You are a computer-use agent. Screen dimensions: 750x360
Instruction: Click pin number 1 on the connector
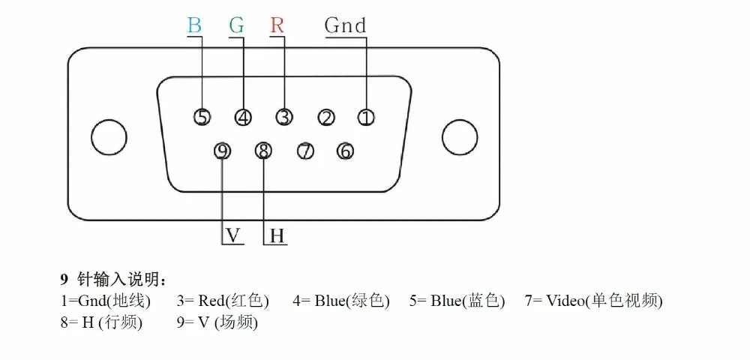(366, 117)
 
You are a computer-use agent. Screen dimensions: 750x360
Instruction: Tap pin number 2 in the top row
(326, 117)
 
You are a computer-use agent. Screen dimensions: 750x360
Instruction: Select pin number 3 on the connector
(284, 117)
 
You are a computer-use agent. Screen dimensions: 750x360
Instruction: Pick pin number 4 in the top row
(244, 117)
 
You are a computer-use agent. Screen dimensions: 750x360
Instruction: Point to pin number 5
(202, 117)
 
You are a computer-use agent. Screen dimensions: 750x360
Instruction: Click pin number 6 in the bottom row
(345, 151)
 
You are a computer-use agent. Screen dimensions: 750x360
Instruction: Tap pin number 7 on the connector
(305, 151)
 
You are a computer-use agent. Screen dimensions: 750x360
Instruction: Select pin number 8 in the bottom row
(263, 151)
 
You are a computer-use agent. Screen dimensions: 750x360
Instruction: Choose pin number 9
(222, 151)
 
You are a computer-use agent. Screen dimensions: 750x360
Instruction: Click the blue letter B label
(194, 25)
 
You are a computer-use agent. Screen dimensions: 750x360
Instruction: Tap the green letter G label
(236, 25)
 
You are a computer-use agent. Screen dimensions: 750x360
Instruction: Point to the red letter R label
(277, 25)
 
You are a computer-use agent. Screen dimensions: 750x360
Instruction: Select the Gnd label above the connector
(345, 25)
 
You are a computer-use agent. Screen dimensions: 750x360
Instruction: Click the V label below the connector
(233, 235)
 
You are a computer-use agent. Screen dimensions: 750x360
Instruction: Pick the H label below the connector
(277, 236)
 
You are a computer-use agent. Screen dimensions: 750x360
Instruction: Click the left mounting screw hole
(109, 137)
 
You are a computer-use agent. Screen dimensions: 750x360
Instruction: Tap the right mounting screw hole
(460, 137)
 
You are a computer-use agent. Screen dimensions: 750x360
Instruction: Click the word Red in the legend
(211, 301)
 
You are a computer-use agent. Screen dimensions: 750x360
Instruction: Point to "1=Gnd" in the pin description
(82, 301)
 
